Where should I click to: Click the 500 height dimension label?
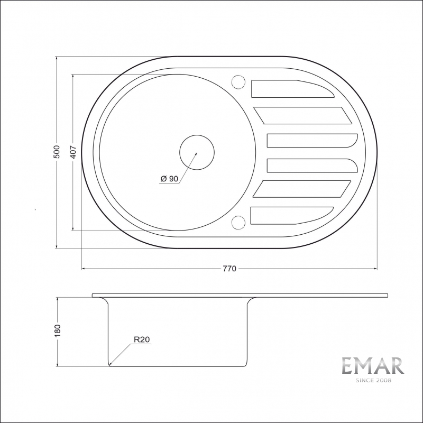57,152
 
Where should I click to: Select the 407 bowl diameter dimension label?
73,152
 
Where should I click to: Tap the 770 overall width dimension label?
229,269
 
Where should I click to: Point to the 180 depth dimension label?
58,330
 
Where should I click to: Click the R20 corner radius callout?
142,339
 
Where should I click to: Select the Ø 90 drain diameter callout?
169,179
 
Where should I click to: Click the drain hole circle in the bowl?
197,135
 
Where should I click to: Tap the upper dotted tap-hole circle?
238,75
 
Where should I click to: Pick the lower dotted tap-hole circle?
238,216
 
